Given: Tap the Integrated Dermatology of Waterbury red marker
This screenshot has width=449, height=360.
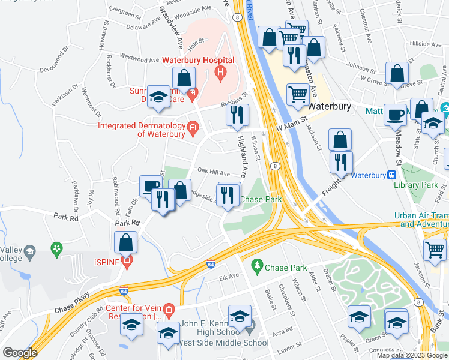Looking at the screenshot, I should pyautogui.click(x=193, y=126).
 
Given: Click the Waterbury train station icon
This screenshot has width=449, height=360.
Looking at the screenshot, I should pyautogui.click(x=391, y=175).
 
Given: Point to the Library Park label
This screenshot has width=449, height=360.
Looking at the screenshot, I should pyautogui.click(x=418, y=185).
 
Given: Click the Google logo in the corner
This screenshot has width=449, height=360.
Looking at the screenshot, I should pyautogui.click(x=19, y=352).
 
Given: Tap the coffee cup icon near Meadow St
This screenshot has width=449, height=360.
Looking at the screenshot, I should pyautogui.click(x=395, y=113).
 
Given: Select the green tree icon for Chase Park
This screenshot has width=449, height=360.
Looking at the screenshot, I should pyautogui.click(x=258, y=265).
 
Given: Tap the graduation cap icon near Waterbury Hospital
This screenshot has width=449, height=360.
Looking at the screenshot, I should pyautogui.click(x=158, y=98).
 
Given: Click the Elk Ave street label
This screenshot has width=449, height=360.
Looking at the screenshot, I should pyautogui.click(x=229, y=277).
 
